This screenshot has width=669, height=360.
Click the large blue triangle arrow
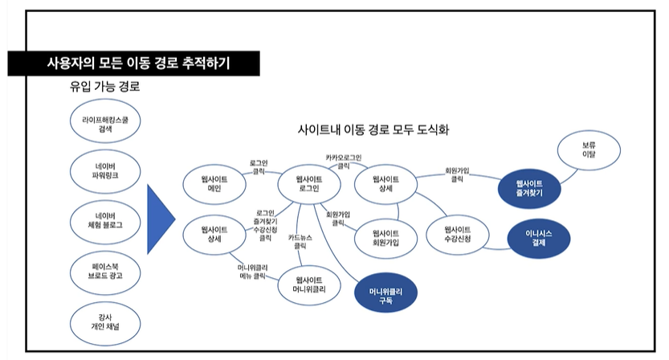160,218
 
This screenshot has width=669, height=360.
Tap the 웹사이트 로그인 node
308,183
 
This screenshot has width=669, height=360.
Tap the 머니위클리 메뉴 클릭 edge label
252,272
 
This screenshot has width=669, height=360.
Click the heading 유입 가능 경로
105,86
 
